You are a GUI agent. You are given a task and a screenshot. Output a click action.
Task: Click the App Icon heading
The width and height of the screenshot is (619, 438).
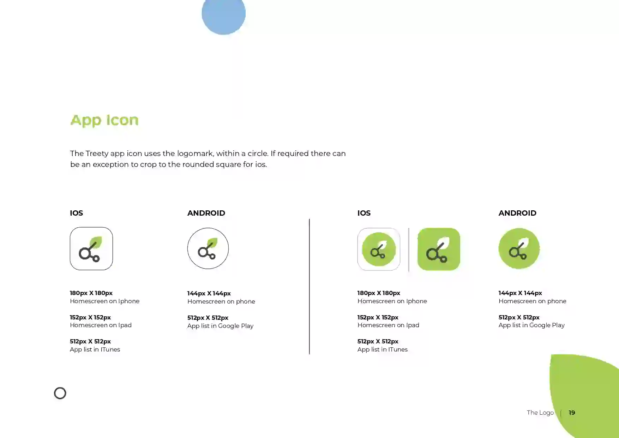click(x=104, y=120)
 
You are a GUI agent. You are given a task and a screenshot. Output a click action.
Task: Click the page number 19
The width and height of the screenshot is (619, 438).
click(x=572, y=413)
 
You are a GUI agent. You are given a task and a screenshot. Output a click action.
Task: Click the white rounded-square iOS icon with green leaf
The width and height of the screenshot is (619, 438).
click(x=91, y=249)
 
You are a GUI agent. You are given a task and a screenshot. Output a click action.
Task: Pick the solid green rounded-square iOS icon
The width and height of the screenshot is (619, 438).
click(x=439, y=249)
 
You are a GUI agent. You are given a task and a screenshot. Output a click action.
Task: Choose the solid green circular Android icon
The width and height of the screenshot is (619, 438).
click(x=519, y=248)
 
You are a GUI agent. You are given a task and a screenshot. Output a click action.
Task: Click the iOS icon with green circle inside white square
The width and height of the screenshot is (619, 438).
click(x=379, y=249)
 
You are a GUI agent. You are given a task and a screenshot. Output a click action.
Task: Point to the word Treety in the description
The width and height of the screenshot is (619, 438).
click(x=97, y=154)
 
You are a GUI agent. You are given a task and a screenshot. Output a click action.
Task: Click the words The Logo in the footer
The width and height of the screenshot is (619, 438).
click(x=540, y=413)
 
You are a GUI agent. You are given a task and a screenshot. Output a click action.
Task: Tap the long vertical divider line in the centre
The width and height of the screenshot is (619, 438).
click(x=309, y=286)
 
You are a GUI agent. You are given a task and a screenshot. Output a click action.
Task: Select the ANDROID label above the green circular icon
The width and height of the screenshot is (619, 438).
click(x=517, y=213)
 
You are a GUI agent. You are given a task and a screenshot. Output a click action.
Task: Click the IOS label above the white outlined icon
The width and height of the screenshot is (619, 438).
click(x=76, y=213)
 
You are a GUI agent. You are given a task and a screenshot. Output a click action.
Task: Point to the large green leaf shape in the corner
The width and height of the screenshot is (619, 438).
click(x=586, y=395)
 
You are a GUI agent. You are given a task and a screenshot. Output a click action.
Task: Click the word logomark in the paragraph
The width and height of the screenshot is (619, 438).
click(x=195, y=154)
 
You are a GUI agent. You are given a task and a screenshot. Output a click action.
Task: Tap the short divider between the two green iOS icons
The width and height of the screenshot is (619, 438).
click(x=409, y=250)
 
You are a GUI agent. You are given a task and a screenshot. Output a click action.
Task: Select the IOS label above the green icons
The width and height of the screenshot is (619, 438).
click(x=364, y=213)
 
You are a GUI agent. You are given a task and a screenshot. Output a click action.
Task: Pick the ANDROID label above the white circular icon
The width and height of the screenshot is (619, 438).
click(x=206, y=213)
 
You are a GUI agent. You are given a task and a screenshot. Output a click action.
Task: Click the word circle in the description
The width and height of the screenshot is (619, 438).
click(x=257, y=154)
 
